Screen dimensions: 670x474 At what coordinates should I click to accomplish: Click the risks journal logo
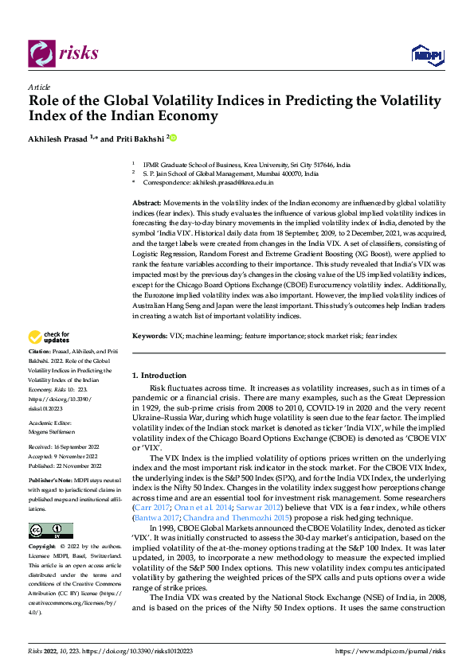point(63,53)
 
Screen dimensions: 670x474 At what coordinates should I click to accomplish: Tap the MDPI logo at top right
point(426,53)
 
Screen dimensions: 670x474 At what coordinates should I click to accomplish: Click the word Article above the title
point(39,87)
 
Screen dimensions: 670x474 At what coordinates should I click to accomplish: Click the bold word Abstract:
point(147,205)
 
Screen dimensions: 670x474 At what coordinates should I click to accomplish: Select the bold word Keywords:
point(150,337)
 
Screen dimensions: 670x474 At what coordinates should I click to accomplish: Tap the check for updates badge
point(49,337)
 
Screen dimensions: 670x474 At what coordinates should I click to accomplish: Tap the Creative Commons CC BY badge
point(50,532)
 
